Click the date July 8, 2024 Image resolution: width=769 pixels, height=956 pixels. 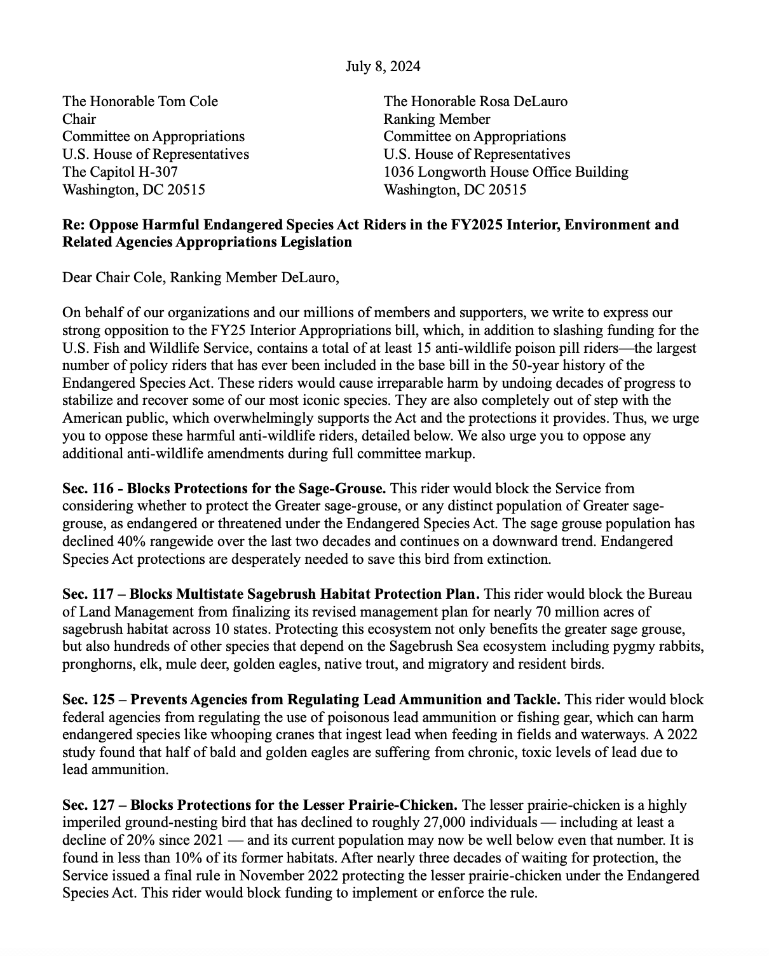(383, 66)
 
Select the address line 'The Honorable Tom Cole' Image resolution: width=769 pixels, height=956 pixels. (140, 101)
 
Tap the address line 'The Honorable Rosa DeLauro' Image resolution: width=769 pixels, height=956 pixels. (475, 101)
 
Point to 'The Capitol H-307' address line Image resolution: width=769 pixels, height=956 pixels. (119, 172)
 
